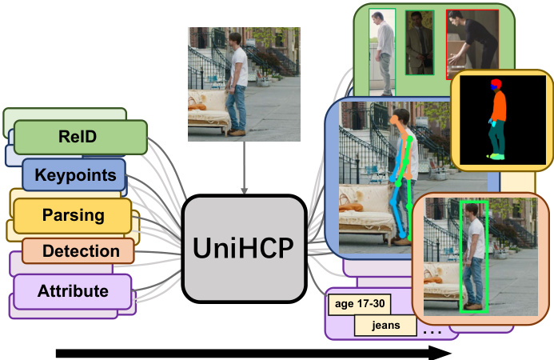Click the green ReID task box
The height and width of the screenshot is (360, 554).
click(78, 137)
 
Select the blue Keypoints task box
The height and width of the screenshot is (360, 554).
click(74, 175)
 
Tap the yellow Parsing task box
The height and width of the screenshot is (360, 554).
click(72, 214)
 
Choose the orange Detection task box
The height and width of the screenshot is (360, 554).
click(81, 251)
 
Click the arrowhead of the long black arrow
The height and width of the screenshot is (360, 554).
click(438, 353)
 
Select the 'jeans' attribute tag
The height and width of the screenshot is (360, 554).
click(386, 326)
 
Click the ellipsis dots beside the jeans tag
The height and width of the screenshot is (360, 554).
click(432, 329)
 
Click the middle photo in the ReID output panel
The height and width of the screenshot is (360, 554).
click(420, 42)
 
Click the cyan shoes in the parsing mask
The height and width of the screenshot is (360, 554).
click(498, 156)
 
